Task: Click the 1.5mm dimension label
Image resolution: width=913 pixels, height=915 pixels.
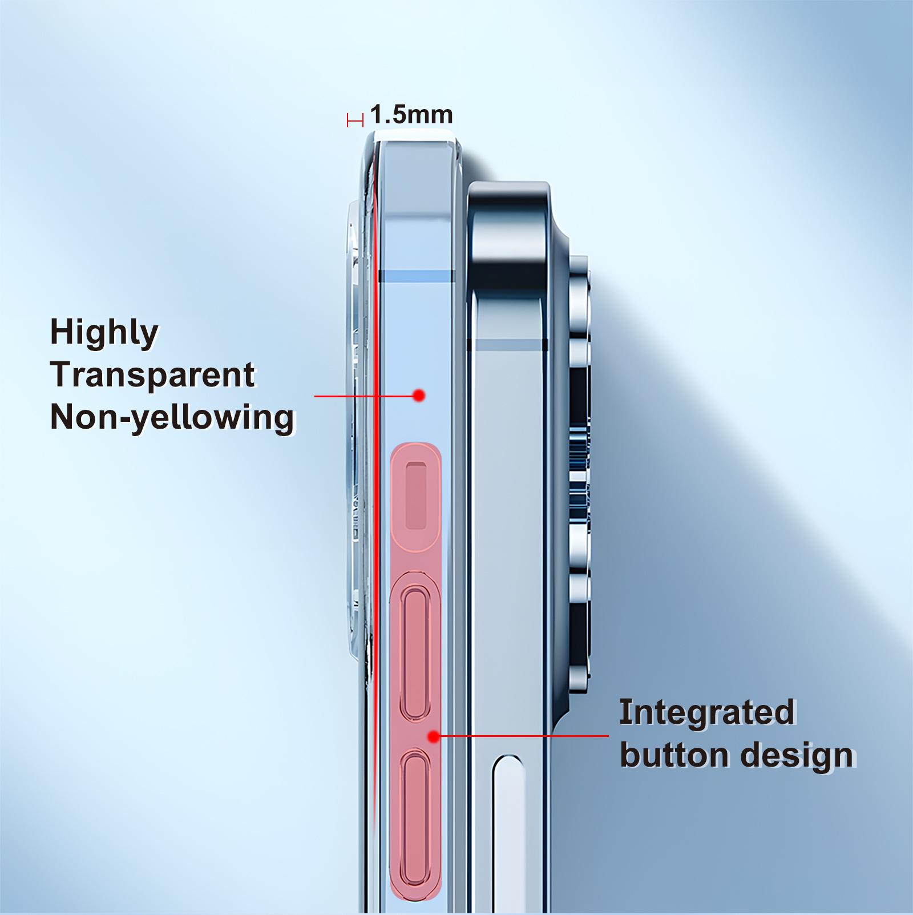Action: pyautogui.click(x=411, y=115)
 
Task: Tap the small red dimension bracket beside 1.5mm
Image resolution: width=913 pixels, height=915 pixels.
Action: pyautogui.click(x=355, y=120)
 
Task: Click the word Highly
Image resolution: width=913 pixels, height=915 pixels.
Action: pyautogui.click(x=104, y=332)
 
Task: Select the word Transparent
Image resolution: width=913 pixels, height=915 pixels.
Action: pyautogui.click(x=152, y=374)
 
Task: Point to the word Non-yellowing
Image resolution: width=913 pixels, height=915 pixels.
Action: pyautogui.click(x=172, y=417)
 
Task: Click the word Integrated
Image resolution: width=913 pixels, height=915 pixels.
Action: pyautogui.click(x=707, y=712)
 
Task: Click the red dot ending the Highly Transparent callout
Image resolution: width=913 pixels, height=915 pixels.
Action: pyautogui.click(x=419, y=395)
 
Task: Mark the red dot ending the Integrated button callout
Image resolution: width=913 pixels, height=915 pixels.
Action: pyautogui.click(x=434, y=736)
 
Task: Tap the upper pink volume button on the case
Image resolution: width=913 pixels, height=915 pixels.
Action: pyautogui.click(x=415, y=654)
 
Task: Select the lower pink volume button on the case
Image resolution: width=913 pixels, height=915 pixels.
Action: pyautogui.click(x=415, y=799)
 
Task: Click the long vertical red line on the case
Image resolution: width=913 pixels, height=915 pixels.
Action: pyautogui.click(x=377, y=514)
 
